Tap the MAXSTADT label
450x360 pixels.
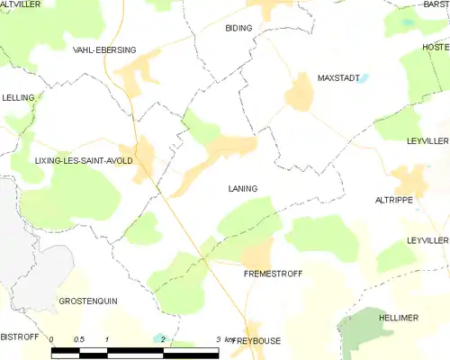[338, 78]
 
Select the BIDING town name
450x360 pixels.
[238, 29]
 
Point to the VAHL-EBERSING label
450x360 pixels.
[104, 51]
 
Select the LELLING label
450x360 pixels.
[18, 97]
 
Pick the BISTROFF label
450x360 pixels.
[20, 336]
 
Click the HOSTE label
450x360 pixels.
[436, 46]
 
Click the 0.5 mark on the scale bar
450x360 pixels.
[79, 339]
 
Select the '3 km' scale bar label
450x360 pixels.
[225, 339]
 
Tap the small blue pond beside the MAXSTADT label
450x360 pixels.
[366, 78]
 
